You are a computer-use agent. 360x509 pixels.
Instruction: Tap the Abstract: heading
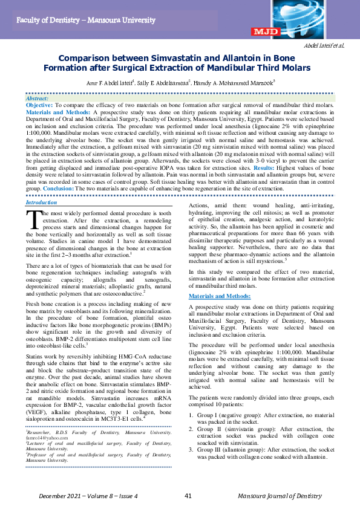click(x=38, y=97)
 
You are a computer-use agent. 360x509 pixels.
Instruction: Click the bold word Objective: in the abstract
click(x=39, y=105)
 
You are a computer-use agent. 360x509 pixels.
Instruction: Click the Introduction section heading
click(x=41, y=202)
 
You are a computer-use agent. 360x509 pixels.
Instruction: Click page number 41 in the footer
click(x=188, y=496)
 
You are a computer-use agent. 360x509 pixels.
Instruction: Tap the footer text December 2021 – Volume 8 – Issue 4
click(x=89, y=496)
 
